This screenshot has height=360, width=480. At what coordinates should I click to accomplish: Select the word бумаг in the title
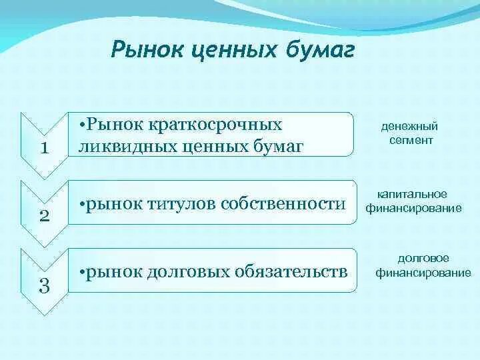click(321, 49)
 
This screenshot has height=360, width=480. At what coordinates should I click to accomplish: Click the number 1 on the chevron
click(45, 148)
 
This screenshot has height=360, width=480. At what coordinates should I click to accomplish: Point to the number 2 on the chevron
click(45, 216)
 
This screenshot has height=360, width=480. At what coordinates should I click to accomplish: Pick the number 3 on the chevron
click(45, 287)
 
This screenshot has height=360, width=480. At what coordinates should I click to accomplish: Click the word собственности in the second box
click(283, 204)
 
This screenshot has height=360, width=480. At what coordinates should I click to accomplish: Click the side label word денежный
click(409, 127)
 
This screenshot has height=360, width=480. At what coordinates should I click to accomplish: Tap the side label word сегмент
click(411, 141)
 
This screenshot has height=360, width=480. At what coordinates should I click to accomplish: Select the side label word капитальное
click(412, 195)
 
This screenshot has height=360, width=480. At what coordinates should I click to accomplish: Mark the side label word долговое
click(423, 259)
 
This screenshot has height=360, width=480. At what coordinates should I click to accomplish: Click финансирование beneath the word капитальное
click(414, 209)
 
